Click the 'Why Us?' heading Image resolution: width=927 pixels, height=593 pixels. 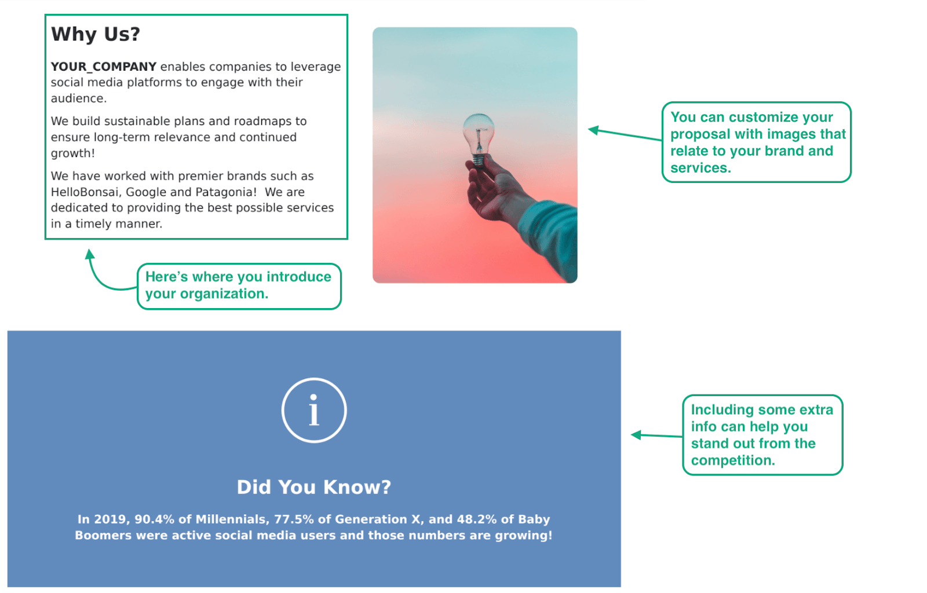tap(96, 34)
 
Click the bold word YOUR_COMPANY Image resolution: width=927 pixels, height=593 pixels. tap(104, 67)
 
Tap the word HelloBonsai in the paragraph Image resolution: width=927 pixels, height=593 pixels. tap(85, 192)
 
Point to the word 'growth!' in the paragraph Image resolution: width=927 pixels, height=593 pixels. tap(73, 153)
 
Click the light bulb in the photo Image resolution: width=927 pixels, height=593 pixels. tap(479, 137)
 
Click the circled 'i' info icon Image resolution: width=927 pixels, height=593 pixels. tap(314, 411)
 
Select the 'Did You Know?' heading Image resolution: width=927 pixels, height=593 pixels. tap(314, 487)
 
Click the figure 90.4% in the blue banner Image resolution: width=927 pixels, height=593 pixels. tap(155, 519)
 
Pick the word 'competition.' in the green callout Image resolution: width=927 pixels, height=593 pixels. tap(733, 460)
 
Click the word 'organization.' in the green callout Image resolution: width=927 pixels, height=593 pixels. tap(224, 294)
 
